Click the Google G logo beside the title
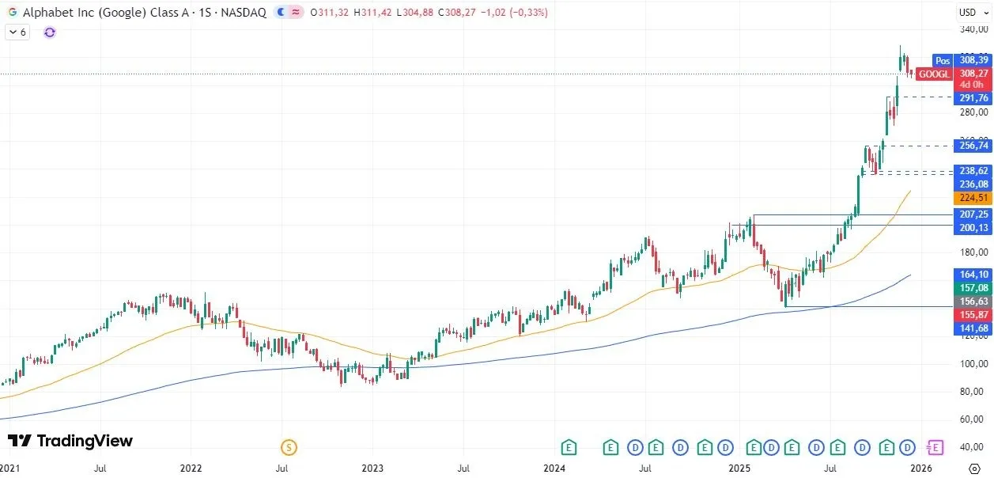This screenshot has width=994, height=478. pyautogui.click(x=12, y=13)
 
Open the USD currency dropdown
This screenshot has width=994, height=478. pyautogui.click(x=971, y=12)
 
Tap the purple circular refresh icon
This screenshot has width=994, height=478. pyautogui.click(x=50, y=32)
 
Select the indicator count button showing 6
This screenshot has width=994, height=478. pyautogui.click(x=17, y=32)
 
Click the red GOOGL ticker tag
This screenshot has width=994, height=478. pyautogui.click(x=935, y=74)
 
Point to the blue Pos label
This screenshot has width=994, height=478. pyautogui.click(x=943, y=60)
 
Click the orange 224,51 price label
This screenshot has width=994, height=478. pyautogui.click(x=973, y=198)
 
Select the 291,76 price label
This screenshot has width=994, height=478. pyautogui.click(x=973, y=98)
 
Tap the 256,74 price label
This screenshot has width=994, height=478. pyautogui.click(x=973, y=146)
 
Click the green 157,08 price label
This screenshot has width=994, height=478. pyautogui.click(x=973, y=288)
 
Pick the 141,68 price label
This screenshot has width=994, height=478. pyautogui.click(x=973, y=328)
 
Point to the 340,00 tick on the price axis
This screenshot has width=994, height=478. pyautogui.click(x=973, y=30)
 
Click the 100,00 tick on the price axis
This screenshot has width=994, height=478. pyautogui.click(x=973, y=364)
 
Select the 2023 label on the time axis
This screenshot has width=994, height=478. pyautogui.click(x=373, y=469)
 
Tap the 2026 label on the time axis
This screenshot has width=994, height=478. pyautogui.click(x=920, y=469)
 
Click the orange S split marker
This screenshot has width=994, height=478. pyautogui.click(x=289, y=448)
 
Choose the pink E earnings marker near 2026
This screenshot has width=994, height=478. pyautogui.click(x=935, y=448)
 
